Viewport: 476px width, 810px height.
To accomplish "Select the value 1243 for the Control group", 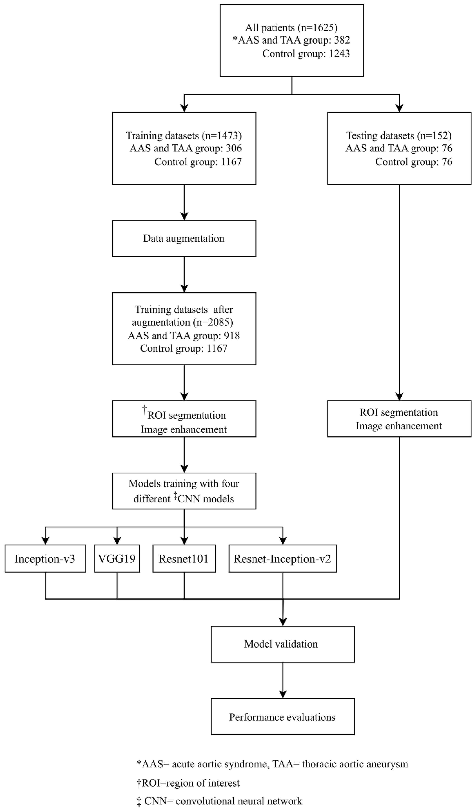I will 339,53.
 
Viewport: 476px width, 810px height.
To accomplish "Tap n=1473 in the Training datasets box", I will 222,136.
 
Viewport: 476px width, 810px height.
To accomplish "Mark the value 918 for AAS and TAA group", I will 232,336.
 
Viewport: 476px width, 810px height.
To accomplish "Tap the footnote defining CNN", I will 220,801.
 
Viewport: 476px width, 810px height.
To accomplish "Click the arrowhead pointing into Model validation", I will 283,621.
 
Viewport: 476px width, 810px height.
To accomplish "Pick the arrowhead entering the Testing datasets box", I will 399,108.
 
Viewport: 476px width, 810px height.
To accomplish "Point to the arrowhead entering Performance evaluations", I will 283,694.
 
